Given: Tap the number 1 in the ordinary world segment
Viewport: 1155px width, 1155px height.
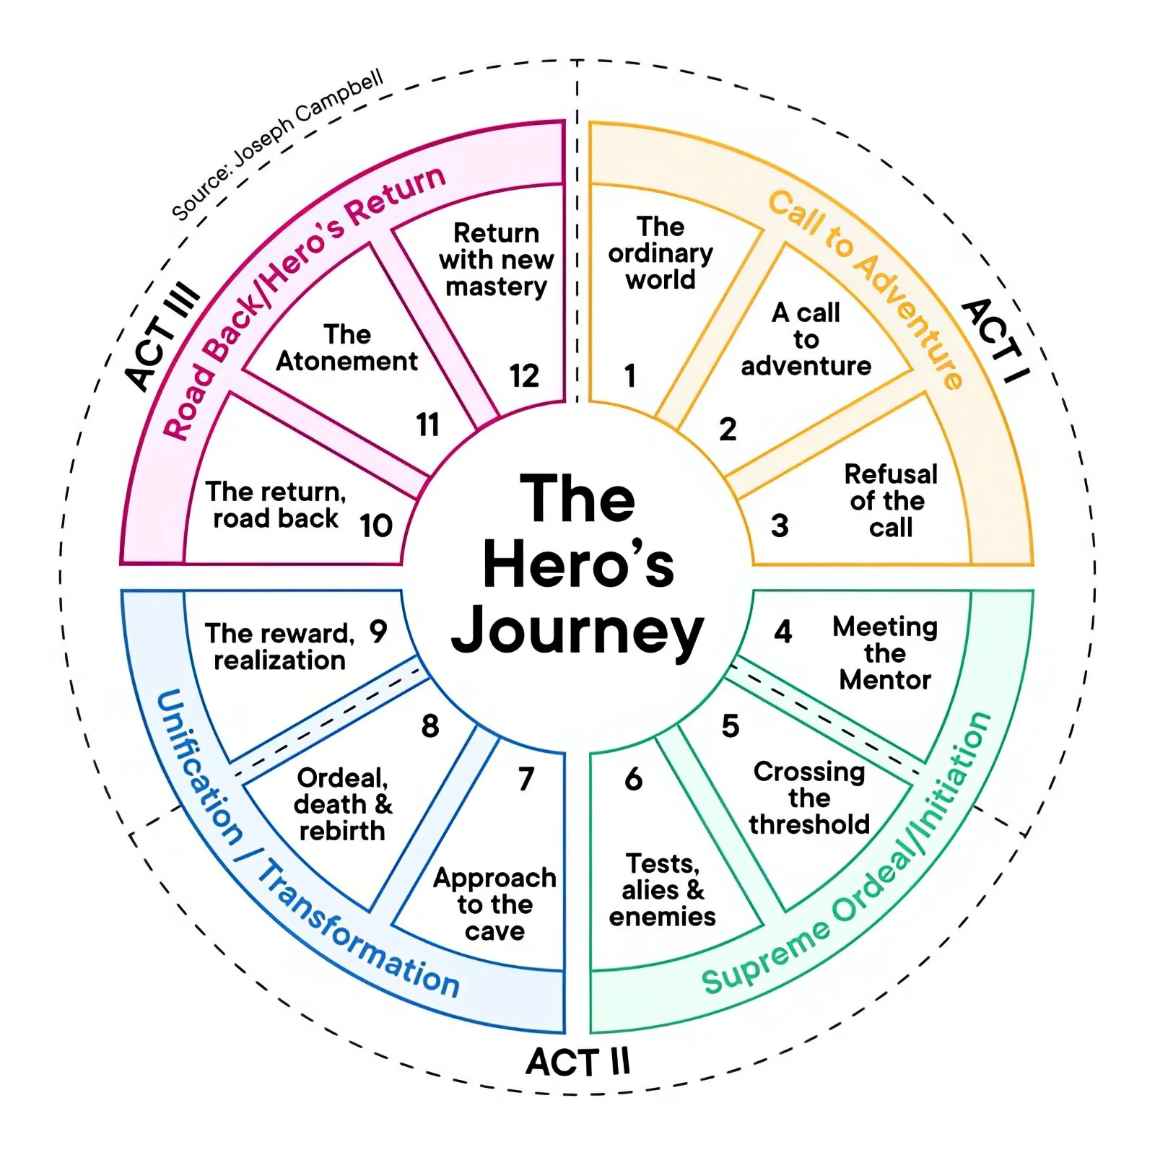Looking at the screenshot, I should click(x=630, y=376).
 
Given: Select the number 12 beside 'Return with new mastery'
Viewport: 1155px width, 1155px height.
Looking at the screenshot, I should click(x=524, y=376).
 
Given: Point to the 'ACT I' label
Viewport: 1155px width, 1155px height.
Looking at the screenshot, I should click(x=995, y=340).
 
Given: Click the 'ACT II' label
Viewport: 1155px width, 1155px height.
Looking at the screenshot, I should click(x=577, y=1062).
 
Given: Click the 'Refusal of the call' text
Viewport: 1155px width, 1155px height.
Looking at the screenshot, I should click(x=891, y=501).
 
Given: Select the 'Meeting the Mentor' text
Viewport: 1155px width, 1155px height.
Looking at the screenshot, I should click(x=885, y=653).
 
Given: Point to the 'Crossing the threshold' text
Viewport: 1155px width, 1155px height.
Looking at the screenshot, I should click(x=809, y=798).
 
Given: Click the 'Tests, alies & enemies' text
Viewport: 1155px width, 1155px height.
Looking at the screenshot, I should click(x=662, y=890).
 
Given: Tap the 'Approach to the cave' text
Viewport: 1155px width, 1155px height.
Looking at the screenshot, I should click(x=494, y=905).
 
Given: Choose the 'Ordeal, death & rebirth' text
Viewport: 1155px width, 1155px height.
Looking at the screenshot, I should click(x=342, y=804).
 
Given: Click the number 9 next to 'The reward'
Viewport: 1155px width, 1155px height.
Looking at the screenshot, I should click(x=378, y=632).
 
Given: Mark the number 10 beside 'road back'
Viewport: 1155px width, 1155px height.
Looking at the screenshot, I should click(x=376, y=526).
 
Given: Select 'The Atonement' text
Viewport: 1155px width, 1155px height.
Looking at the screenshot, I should click(x=346, y=348).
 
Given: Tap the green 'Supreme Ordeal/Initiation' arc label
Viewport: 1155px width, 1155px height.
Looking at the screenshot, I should click(x=852, y=866).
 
